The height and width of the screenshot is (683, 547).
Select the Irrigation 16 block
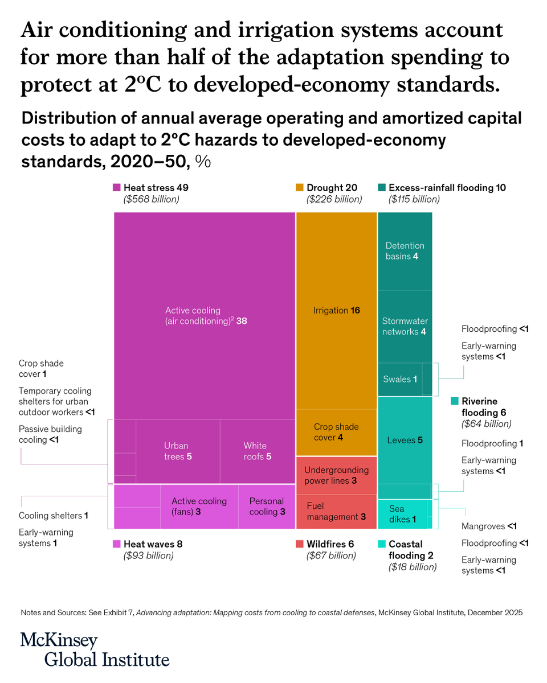[x=336, y=311]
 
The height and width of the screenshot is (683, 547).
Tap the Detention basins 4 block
[x=405, y=251]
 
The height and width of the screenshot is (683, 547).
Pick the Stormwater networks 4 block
[x=405, y=326]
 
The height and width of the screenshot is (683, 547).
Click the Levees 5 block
[x=405, y=440]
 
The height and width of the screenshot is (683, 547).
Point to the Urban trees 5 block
[x=178, y=451]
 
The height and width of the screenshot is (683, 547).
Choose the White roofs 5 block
[x=257, y=451]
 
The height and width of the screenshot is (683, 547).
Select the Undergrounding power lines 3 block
[x=336, y=475]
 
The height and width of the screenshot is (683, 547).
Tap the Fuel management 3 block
[x=336, y=512]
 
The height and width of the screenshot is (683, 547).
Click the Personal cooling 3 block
[x=267, y=507]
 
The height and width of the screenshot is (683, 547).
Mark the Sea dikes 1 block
[x=402, y=513]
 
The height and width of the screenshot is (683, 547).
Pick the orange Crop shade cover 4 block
[x=336, y=432]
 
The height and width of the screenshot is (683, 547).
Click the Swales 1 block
[x=399, y=379]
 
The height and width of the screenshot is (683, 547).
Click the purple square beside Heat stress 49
[x=117, y=187]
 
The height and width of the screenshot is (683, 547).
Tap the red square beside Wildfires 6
[x=300, y=544]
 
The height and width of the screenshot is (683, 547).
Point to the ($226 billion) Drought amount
[x=334, y=199]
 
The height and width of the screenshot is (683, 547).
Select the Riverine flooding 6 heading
[x=477, y=406]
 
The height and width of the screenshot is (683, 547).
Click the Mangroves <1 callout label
[x=489, y=526]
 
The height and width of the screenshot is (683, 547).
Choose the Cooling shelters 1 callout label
[x=54, y=516]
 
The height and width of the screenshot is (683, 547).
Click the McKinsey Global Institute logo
[x=95, y=649]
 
